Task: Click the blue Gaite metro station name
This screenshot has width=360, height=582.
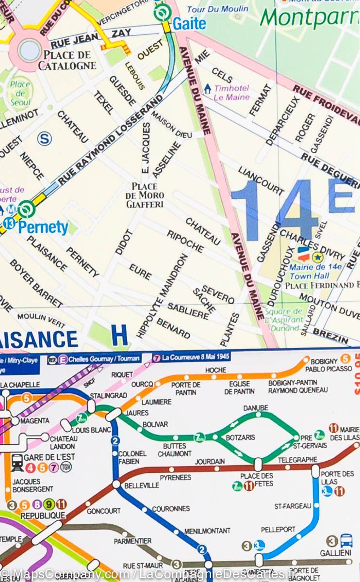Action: (x=190, y=23)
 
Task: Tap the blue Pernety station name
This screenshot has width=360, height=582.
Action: (x=43, y=226)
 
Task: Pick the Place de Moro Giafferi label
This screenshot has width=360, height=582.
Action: (x=145, y=195)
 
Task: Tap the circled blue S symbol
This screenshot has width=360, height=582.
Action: (x=45, y=139)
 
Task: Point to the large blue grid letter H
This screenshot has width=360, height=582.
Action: (x=119, y=336)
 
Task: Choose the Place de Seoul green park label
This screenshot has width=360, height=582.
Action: (x=20, y=93)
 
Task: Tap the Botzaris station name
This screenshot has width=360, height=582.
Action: (x=240, y=437)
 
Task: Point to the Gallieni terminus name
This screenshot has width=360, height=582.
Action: (x=336, y=553)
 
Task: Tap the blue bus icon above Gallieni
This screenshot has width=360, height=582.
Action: (x=346, y=540)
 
